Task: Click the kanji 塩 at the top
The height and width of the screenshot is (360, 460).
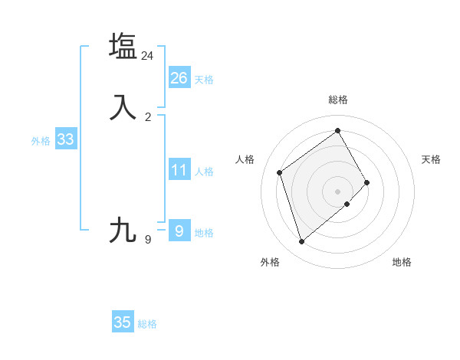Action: [x=123, y=46]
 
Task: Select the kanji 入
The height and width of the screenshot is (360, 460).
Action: [x=123, y=107]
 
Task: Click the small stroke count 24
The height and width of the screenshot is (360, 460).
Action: [x=148, y=56]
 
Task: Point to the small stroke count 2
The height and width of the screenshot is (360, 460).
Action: [x=148, y=117]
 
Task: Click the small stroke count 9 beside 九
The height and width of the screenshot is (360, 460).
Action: [x=148, y=240]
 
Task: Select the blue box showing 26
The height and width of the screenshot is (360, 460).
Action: [x=179, y=78]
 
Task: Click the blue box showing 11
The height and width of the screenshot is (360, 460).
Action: [x=179, y=170]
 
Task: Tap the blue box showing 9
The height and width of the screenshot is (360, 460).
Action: [x=179, y=230]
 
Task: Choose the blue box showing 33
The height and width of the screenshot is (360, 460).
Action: [x=65, y=139]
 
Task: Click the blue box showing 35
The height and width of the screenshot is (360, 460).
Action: [x=123, y=322]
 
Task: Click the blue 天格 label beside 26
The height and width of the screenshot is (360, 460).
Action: [x=204, y=80]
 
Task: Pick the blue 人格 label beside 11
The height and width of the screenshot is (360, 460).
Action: [x=204, y=172]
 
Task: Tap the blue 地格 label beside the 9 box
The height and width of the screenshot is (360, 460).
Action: [x=204, y=233]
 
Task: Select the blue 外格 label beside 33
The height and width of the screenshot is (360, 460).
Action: [x=41, y=141]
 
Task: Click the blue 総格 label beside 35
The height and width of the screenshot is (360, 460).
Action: [x=147, y=324]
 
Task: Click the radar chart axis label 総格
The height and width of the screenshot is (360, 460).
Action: [x=338, y=100]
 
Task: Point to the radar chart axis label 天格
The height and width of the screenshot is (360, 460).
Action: [x=431, y=159]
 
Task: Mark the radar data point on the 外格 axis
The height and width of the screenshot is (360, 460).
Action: [x=301, y=242]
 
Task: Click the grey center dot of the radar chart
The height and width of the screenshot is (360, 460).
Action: [x=338, y=191]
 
